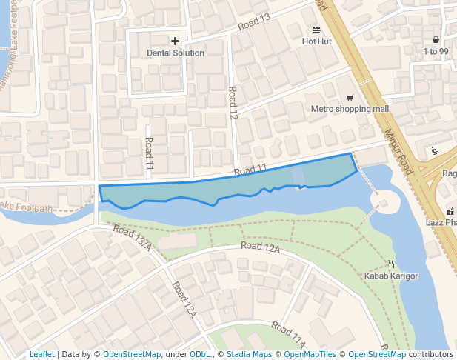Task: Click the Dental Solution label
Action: pos(176,53)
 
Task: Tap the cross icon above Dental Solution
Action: pos(176,41)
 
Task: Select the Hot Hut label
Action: pos(317,42)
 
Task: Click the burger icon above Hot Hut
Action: pos(317,30)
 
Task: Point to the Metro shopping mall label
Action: pos(350,109)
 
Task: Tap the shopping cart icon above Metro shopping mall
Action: pos(350,98)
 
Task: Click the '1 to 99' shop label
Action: pos(436,51)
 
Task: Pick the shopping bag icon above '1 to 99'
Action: pos(436,39)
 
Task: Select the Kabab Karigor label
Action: pos(391,276)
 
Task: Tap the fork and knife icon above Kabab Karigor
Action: pos(391,264)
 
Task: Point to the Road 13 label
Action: pos(254,23)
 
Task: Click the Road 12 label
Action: pos(233,104)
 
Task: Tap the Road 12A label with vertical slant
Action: pos(184,300)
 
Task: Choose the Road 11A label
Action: pos(288,335)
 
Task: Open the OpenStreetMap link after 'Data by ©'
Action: pos(132,355)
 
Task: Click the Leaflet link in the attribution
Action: pos(42,355)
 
